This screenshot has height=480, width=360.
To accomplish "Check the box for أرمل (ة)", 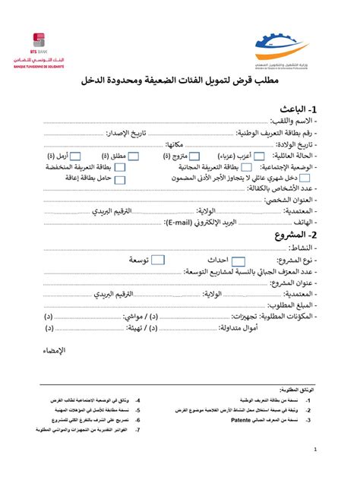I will pyautogui.click(x=87, y=157).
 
